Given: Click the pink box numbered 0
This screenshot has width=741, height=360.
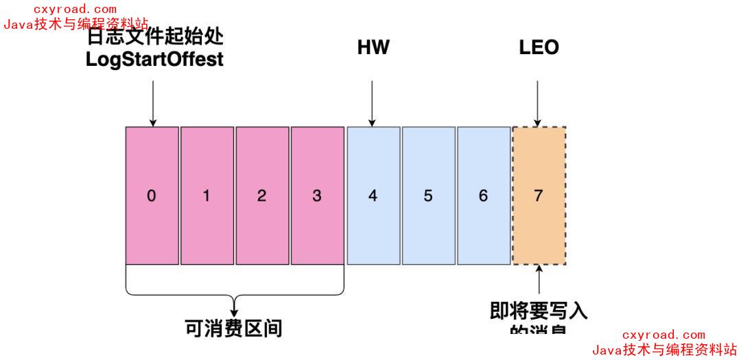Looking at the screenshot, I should coord(152,195).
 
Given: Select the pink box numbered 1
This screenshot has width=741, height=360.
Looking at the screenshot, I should coord(207,195).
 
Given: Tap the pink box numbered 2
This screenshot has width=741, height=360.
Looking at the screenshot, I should coord(262,195).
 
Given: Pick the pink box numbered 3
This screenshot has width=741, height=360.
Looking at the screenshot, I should coord(317,195).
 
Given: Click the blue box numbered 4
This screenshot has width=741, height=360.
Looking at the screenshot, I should coord(373,195).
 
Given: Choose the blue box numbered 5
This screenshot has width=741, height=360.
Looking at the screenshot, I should coord(428,195).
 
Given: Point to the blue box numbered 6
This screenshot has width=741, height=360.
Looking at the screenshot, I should coord(483,195).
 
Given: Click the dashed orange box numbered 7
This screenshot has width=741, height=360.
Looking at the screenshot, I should coord(539,195).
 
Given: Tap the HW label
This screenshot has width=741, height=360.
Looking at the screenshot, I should coord(373,47).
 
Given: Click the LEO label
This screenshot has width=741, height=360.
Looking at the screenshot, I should coord(539,47).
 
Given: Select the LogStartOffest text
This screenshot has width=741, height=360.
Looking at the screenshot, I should coord(154,60).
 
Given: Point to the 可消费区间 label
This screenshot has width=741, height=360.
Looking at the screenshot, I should coord(234,328).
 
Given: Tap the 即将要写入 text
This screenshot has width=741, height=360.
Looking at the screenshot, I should coord(539,311).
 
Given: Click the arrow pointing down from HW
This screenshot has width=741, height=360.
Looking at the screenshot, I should coord(372,103).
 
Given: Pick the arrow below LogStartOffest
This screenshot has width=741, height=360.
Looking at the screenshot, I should coord(152,103).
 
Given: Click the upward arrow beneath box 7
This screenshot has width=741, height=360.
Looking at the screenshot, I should coord(539,281).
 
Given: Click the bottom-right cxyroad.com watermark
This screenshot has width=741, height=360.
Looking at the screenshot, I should coord(663,335).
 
